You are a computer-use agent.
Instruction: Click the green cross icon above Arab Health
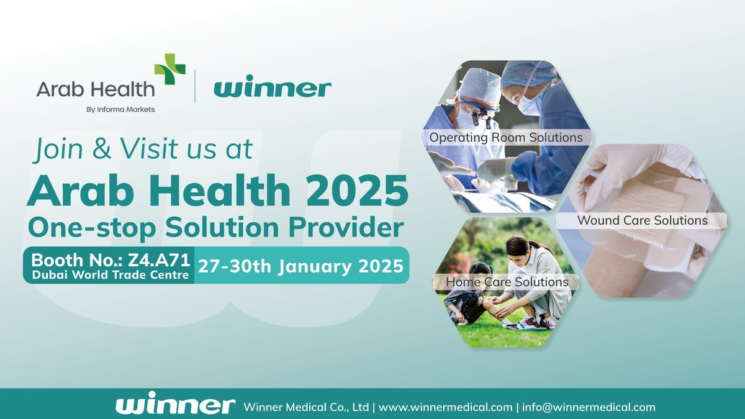(169, 69)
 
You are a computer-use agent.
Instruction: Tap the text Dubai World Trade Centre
(109, 275)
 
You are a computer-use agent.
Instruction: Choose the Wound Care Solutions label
(642, 220)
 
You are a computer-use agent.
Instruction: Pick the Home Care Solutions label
(507, 282)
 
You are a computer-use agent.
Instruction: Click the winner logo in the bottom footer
(175, 406)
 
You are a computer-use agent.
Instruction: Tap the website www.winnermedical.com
(445, 407)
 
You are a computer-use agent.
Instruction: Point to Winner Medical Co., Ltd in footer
(307, 407)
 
